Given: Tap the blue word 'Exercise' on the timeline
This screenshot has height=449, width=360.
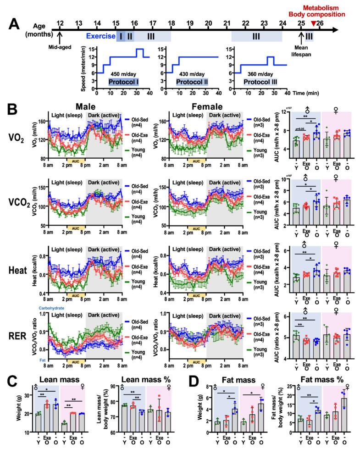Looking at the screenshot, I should pos(100,36).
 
